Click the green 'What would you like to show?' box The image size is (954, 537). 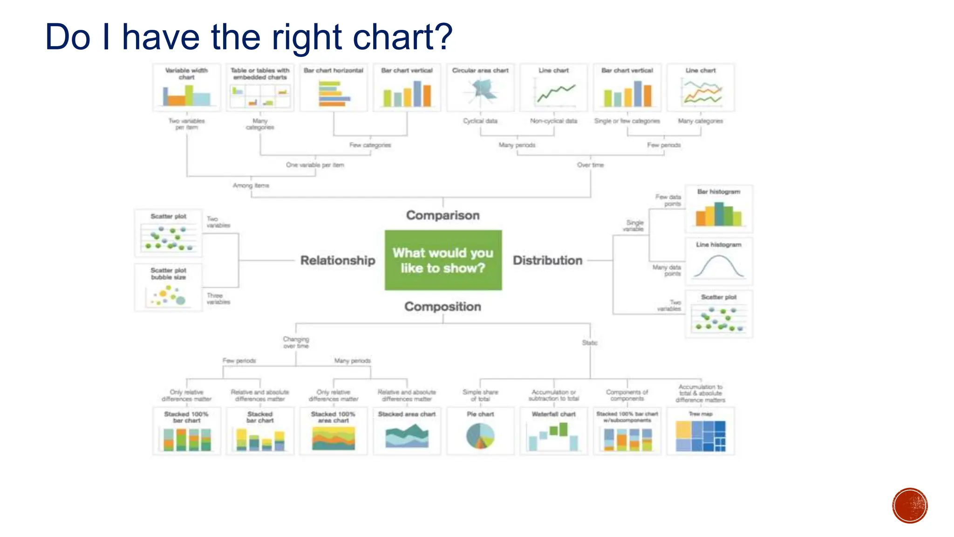pyautogui.click(x=443, y=260)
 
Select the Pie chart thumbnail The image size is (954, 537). pyautogui.click(x=480, y=431)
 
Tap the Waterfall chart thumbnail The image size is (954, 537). pyautogui.click(x=554, y=431)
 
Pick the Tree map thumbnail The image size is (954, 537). pyautogui.click(x=701, y=431)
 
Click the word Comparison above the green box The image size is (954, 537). pyautogui.click(x=443, y=215)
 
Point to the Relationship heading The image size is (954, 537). pyautogui.click(x=338, y=260)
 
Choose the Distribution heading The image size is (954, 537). pyautogui.click(x=548, y=260)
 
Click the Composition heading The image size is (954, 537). pyautogui.click(x=443, y=306)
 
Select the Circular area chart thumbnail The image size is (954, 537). pyautogui.click(x=480, y=88)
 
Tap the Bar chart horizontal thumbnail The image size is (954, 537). pyautogui.click(x=334, y=88)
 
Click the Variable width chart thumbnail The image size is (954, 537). pyautogui.click(x=186, y=88)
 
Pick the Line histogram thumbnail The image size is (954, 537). pyautogui.click(x=719, y=262)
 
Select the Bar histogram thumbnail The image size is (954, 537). pyautogui.click(x=719, y=209)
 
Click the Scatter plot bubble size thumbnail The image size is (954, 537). pyautogui.click(x=168, y=288)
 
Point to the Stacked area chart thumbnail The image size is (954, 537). pyautogui.click(x=407, y=431)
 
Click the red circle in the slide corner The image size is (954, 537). pyautogui.click(x=910, y=506)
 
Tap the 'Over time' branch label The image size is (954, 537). pyautogui.click(x=590, y=165)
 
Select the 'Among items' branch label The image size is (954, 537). pyautogui.click(x=251, y=186)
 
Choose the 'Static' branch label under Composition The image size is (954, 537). pyautogui.click(x=589, y=343)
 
